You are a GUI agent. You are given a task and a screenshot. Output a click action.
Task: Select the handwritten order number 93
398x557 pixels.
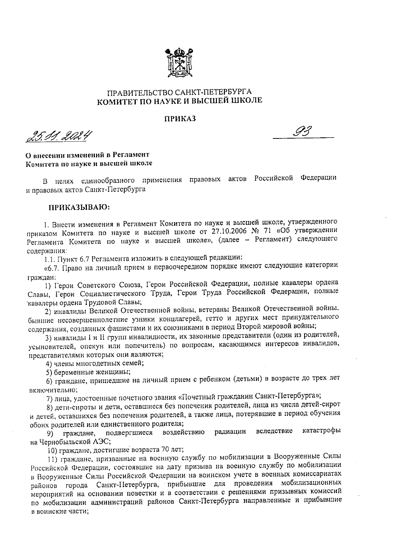coord(303,133)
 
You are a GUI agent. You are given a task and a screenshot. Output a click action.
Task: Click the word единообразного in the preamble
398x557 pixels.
coord(107,181)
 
